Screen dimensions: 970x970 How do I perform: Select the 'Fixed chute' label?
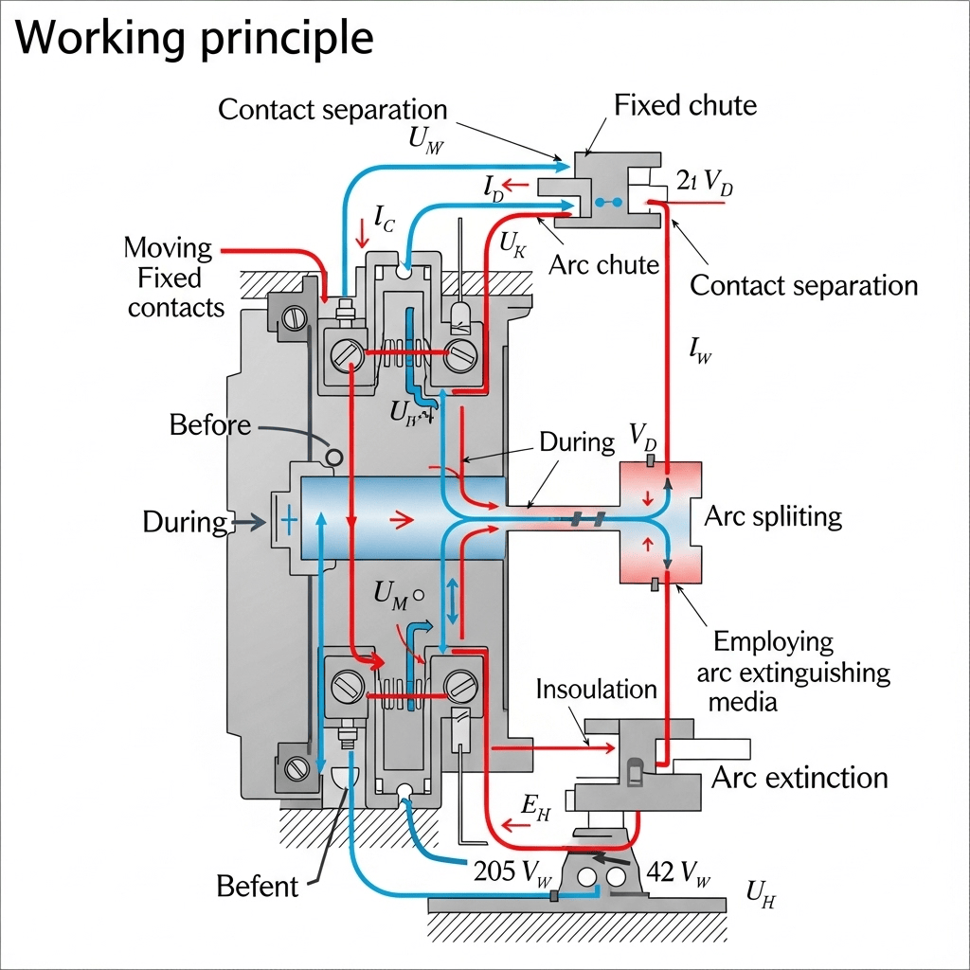685,104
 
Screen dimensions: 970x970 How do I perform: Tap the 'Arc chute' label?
603,264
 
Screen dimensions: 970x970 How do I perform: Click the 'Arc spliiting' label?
773,516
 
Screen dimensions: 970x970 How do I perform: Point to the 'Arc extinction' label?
799,779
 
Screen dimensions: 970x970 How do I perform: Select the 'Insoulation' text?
597,689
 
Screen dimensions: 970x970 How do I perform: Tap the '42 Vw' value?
676,872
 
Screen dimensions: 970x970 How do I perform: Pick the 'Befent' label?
257,887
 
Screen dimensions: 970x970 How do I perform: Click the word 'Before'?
210,424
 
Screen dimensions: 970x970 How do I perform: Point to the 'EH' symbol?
536,805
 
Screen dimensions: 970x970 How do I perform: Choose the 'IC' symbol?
384,220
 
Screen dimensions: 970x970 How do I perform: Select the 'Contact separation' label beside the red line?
803,285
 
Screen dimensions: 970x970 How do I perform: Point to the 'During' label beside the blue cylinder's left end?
185,521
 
